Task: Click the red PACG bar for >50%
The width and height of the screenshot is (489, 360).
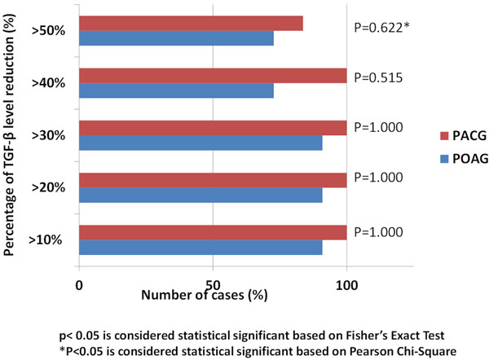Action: (191, 24)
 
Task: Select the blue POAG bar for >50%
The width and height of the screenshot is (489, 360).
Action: (176, 38)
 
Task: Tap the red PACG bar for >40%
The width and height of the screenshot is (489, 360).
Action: (213, 76)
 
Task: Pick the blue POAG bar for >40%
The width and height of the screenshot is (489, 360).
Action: (176, 90)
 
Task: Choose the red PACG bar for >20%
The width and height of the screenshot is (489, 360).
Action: (213, 180)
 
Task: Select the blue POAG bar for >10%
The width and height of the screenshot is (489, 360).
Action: (200, 247)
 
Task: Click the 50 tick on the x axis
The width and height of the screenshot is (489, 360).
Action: (212, 286)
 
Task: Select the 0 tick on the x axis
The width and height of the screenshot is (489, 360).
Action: (79, 286)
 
